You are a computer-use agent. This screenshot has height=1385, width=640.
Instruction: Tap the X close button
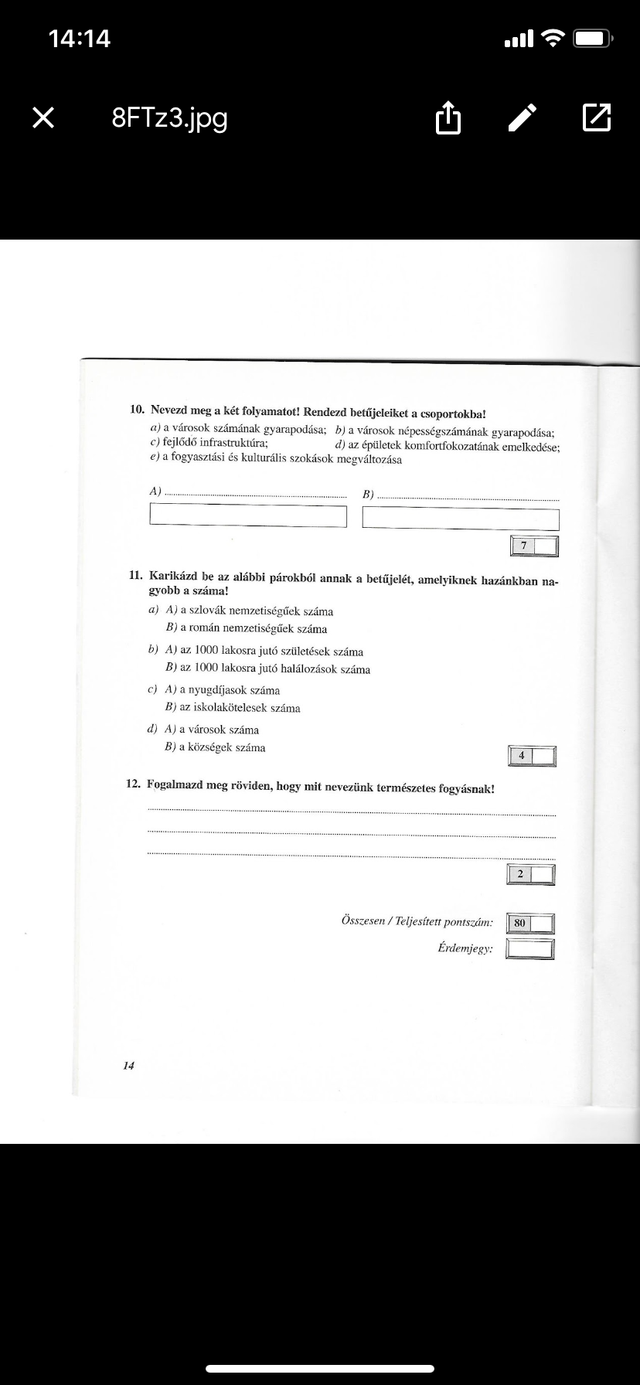[43, 117]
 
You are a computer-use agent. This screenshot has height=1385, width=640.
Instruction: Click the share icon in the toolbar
[448, 118]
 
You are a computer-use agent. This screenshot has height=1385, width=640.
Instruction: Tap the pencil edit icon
[523, 117]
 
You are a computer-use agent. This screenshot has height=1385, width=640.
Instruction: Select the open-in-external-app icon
[596, 117]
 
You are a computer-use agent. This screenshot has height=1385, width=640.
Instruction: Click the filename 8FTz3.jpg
[169, 118]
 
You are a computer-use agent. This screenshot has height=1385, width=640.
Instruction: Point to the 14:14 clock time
[79, 38]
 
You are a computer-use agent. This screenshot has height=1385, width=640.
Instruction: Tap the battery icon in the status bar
[593, 38]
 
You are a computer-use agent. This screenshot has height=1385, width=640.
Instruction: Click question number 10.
[137, 410]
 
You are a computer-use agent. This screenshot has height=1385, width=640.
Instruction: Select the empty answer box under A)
[248, 516]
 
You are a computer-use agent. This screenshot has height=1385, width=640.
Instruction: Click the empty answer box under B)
[461, 519]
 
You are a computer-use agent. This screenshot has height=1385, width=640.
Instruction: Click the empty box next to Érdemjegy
[530, 948]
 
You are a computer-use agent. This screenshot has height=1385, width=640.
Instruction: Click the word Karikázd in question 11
[174, 577]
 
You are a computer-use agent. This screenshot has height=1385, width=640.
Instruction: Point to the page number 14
[128, 1065]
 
